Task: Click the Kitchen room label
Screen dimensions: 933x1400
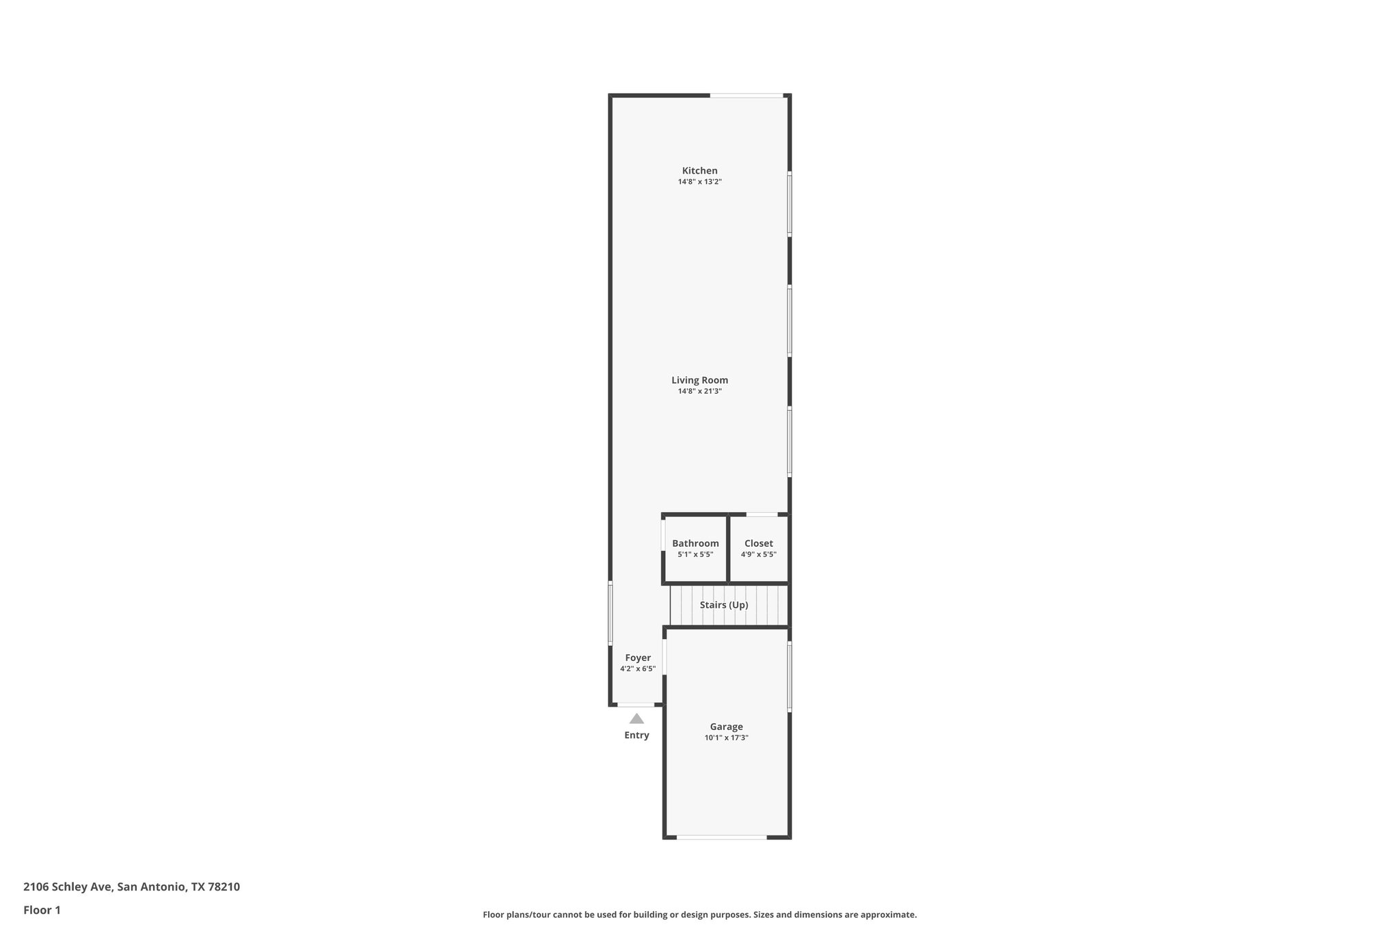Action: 699,171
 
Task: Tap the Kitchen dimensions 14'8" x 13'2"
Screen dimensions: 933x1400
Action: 699,182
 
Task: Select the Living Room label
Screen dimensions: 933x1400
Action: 699,380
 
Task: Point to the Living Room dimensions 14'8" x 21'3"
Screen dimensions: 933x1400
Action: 699,391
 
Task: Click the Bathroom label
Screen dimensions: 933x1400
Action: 695,543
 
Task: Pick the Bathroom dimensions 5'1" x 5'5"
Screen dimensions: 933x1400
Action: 695,554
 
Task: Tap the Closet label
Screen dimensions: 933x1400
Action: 758,543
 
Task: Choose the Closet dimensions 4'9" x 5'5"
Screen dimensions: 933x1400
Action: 758,554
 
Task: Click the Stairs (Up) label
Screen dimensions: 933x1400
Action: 723,605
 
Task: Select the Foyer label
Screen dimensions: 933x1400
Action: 637,658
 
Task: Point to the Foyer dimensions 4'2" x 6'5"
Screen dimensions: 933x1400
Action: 637,668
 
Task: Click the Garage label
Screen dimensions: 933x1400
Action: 726,727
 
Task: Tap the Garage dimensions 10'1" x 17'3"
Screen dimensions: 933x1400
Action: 726,738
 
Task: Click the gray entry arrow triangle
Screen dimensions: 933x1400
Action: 636,718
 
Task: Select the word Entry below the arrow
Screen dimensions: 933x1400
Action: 636,735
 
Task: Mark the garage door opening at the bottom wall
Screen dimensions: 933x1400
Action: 721,837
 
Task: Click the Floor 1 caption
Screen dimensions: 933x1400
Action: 42,910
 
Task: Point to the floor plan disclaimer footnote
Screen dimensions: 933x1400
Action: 699,915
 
